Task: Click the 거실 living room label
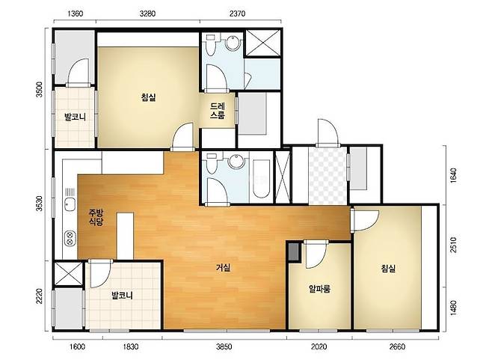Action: (x=224, y=268)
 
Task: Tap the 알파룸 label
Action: (x=319, y=288)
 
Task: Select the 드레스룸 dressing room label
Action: (x=218, y=111)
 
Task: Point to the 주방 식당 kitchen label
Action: (x=96, y=217)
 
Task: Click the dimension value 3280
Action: (x=147, y=13)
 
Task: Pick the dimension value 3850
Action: (x=224, y=347)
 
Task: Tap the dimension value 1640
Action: (x=453, y=175)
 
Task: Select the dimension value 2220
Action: (x=39, y=296)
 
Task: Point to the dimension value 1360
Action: (x=76, y=13)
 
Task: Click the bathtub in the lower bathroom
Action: (x=262, y=179)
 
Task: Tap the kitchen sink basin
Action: (x=70, y=205)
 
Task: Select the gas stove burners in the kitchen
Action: (x=70, y=239)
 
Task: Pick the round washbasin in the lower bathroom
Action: (x=236, y=161)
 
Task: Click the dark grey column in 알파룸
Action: (x=294, y=252)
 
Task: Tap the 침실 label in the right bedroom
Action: (x=388, y=268)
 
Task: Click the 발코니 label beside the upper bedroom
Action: (x=76, y=118)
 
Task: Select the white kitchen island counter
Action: (x=125, y=236)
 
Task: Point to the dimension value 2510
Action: (x=453, y=245)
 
